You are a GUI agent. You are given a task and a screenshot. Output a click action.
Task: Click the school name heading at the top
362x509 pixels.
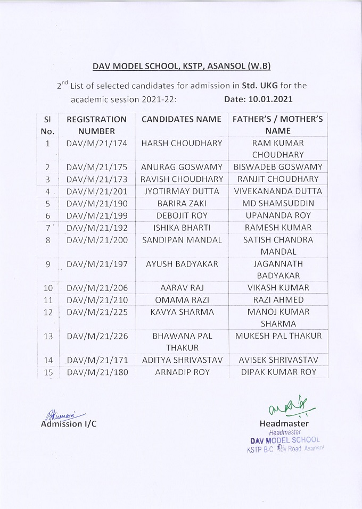tap(182, 66)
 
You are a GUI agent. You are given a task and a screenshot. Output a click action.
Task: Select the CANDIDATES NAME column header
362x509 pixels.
tap(181, 119)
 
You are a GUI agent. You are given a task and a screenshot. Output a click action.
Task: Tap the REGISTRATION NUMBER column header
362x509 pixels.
tap(96, 125)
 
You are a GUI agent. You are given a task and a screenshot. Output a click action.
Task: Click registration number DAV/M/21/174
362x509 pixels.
tap(96, 143)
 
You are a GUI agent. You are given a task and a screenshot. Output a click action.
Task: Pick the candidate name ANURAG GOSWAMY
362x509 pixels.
tap(181, 167)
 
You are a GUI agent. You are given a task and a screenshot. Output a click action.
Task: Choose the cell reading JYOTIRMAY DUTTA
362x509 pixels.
tap(181, 191)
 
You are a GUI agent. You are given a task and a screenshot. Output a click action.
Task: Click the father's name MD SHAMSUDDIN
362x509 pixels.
tap(278, 203)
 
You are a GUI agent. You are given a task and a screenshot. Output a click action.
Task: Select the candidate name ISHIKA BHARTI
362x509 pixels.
tap(181, 228)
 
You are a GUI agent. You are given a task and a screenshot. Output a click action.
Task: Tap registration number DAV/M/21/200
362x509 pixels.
tap(96, 240)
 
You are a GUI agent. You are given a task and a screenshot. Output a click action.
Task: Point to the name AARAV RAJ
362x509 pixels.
tap(181, 288)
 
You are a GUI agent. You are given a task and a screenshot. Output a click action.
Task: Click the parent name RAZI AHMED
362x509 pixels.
tap(278, 300)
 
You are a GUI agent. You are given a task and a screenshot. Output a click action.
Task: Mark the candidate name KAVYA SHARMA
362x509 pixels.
tap(181, 312)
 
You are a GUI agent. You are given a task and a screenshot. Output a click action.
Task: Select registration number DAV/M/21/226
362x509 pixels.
tap(96, 336)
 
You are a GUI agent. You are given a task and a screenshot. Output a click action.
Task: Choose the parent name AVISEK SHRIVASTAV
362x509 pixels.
tap(278, 360)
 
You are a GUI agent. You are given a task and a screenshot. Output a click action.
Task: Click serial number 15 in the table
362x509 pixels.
tap(48, 372)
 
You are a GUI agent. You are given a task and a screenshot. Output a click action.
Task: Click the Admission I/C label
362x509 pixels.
tap(69, 424)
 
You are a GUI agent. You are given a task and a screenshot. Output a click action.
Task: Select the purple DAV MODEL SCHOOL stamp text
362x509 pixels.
tap(285, 440)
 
